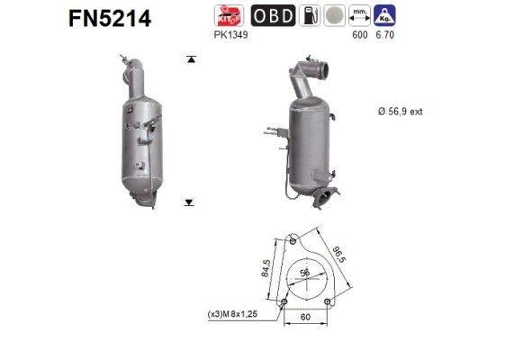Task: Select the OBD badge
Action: coord(271,16)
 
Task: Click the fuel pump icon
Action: coord(308,16)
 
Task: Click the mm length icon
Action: coord(361,16)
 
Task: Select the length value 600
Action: coord(360,35)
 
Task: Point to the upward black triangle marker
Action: coord(190,58)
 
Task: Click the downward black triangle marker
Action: coord(190,203)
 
